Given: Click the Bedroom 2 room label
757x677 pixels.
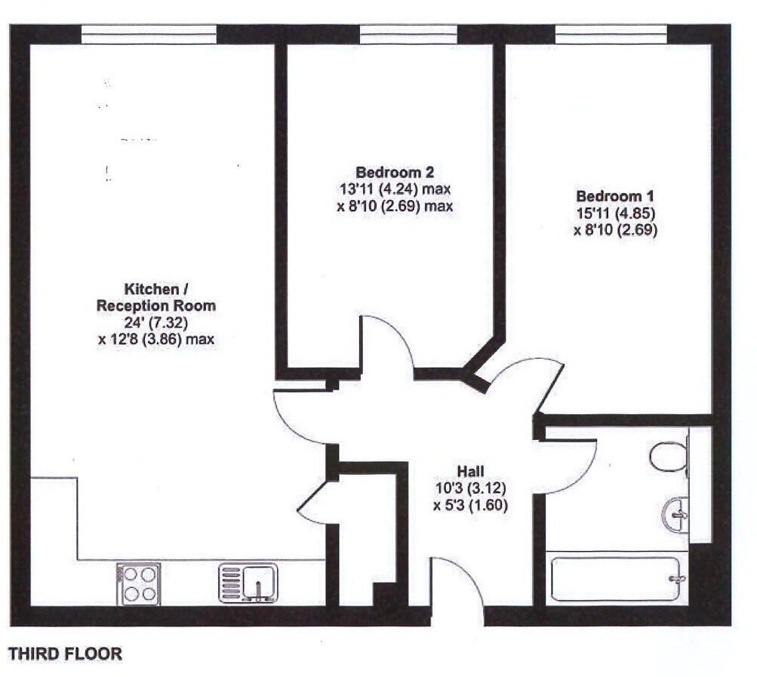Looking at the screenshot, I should pos(395,172).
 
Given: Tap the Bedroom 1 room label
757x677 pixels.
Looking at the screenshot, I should pos(615,196).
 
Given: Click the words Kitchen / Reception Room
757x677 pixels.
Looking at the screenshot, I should pos(157,297).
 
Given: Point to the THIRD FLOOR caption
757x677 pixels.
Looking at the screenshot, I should pos(65,654).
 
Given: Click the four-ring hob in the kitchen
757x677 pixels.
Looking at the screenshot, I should pos(138,583).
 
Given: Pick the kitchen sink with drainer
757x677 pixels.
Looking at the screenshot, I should pos(248,583).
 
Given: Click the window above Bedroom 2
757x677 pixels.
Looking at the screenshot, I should pos(408,34).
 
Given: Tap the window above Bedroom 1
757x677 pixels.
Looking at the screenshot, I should pos(611,34).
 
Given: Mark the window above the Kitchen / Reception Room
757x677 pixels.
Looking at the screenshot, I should pos(149,34).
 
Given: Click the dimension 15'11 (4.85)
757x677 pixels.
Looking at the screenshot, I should pos(615,214).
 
